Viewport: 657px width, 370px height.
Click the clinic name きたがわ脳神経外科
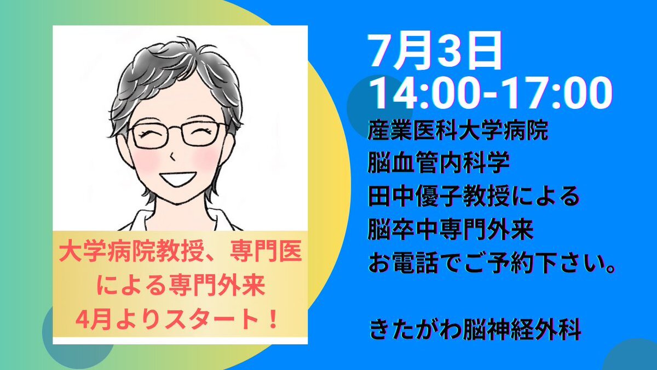pyautogui.click(x=475, y=331)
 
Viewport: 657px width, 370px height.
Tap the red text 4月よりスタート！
pyautogui.click(x=176, y=320)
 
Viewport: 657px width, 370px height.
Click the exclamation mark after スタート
pyautogui.click(x=273, y=320)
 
